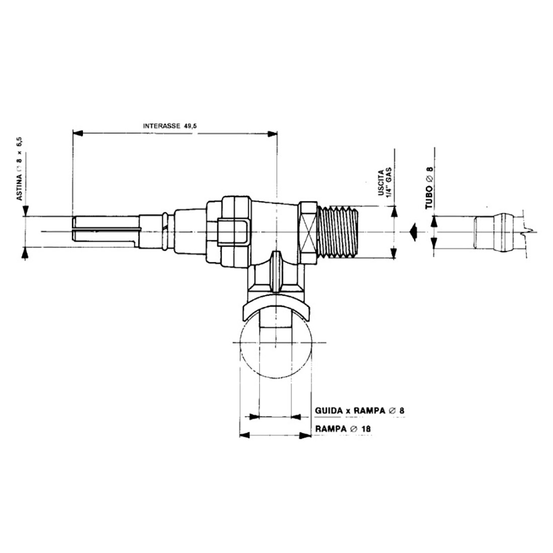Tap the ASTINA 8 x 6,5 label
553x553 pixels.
point(21,171)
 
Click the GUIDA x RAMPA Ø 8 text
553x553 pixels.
point(359,411)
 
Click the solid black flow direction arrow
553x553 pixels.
point(413,232)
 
